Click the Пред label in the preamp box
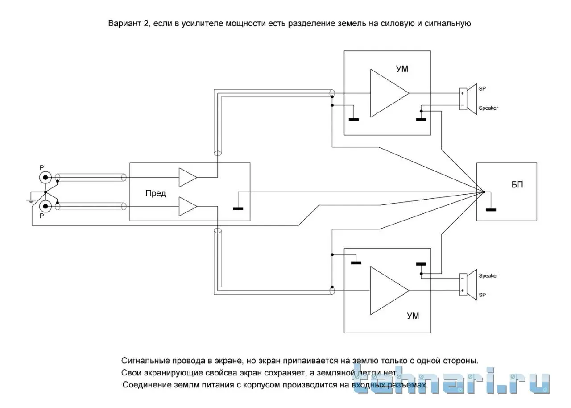pyautogui.click(x=156, y=193)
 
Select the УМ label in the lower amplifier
pyautogui.click(x=413, y=316)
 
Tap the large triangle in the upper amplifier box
pyautogui.click(x=386, y=93)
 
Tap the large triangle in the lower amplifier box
pyautogui.click(x=386, y=290)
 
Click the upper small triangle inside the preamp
pyautogui.click(x=187, y=177)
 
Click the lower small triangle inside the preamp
pyautogui.click(x=187, y=206)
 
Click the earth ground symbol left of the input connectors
pyautogui.click(x=31, y=200)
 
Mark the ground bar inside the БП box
pyautogui.click(x=491, y=209)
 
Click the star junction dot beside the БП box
pyautogui.click(x=484, y=192)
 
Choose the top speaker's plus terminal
pyautogui.click(x=463, y=93)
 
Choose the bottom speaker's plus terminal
pyautogui.click(x=463, y=291)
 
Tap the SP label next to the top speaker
pyautogui.click(x=482, y=88)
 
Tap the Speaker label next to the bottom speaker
pyautogui.click(x=488, y=276)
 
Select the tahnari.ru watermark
pyautogui.click(x=451, y=382)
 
